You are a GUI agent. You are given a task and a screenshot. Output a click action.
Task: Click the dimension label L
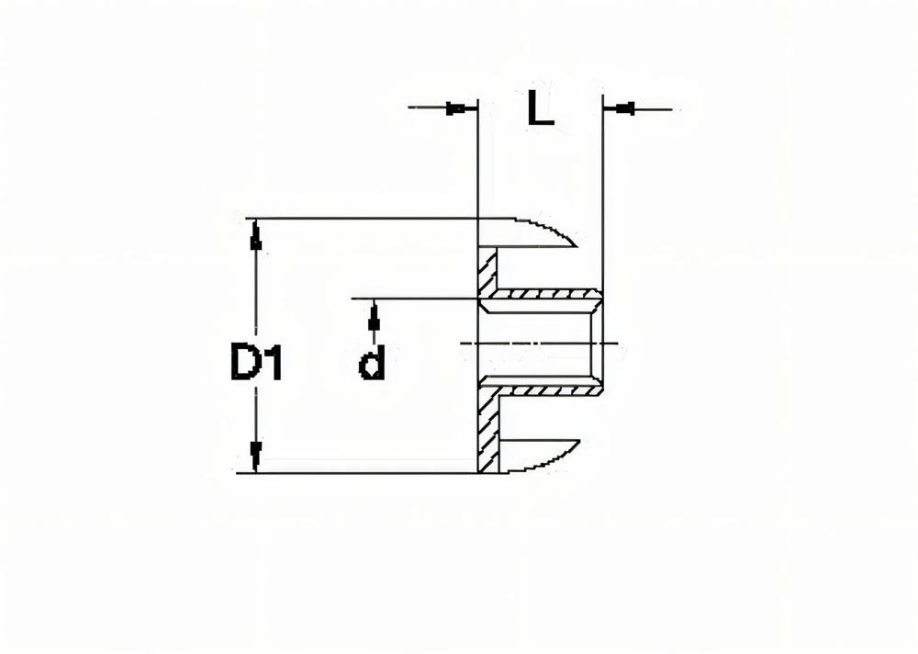pyautogui.click(x=541, y=109)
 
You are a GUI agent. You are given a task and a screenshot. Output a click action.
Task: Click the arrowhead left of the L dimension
pyautogui.click(x=456, y=109)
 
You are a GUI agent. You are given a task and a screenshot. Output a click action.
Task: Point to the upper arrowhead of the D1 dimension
pyautogui.click(x=256, y=238)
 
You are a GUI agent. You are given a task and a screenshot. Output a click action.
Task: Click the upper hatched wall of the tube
pyautogui.click(x=546, y=295)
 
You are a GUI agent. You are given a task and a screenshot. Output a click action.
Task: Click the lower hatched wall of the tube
pyautogui.click(x=546, y=390)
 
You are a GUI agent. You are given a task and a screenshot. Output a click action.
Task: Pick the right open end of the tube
pyautogui.click(x=601, y=342)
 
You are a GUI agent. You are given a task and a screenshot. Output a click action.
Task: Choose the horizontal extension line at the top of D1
pyautogui.click(x=367, y=219)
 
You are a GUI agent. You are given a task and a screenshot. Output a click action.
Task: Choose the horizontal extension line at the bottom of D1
pyautogui.click(x=367, y=473)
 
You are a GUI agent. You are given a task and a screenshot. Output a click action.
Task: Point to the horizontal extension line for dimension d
pyautogui.click(x=413, y=299)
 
